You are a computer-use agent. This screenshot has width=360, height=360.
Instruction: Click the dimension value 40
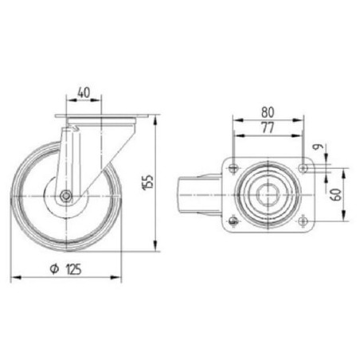84,92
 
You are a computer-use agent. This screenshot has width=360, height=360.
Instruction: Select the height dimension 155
148,182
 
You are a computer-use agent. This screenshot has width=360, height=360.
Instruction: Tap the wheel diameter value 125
73,269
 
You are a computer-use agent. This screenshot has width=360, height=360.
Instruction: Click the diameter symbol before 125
54,269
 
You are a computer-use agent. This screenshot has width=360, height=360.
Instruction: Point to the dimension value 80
268,112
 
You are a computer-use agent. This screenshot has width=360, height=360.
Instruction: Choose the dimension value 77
268,128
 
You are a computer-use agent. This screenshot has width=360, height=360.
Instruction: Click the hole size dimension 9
318,147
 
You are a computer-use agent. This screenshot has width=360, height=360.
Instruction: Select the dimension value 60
336,194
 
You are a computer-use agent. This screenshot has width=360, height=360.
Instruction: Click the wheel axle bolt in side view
65,196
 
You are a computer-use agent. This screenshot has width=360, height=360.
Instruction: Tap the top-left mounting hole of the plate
233,168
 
